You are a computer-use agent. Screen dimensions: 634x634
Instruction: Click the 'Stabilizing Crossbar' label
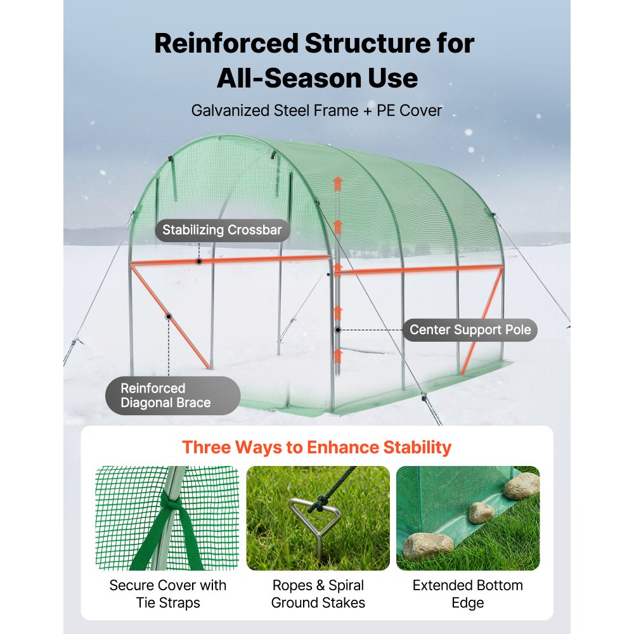point(222,230)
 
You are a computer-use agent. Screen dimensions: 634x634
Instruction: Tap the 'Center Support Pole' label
point(470,330)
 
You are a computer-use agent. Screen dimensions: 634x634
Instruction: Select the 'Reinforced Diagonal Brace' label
point(165,396)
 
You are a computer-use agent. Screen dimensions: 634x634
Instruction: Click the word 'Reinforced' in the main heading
point(225,44)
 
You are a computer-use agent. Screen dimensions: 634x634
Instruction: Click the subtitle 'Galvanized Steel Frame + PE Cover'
point(316,110)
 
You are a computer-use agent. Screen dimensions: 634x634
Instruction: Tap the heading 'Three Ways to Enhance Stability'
point(316,447)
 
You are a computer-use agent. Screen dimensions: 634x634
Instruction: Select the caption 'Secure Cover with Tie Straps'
point(167,593)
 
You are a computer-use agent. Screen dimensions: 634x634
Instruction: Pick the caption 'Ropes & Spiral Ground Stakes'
point(318,593)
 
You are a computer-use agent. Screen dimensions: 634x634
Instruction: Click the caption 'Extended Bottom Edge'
point(468,593)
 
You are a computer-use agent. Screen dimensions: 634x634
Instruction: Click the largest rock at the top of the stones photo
point(521,486)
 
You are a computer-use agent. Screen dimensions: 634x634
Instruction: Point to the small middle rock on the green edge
point(481,512)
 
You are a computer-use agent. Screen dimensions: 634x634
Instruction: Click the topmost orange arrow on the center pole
point(338,184)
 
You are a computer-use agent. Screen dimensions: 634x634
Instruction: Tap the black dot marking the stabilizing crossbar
point(198,261)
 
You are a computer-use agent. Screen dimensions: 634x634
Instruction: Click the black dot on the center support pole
point(338,330)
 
